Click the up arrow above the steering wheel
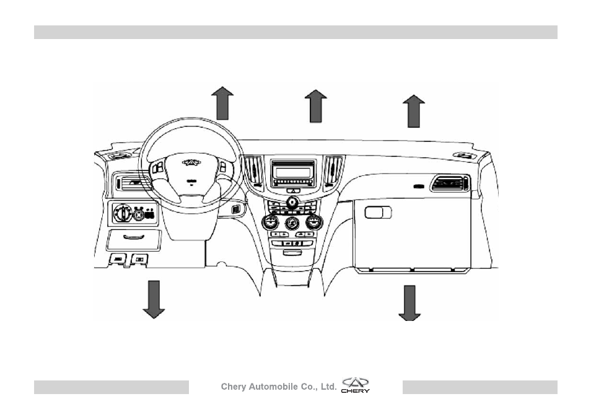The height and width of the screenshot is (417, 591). pyautogui.click(x=222, y=103)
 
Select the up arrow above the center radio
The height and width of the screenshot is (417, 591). pyautogui.click(x=316, y=107)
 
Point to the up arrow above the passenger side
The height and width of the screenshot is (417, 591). pyautogui.click(x=414, y=112)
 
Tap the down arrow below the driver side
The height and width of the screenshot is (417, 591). pyautogui.click(x=154, y=299)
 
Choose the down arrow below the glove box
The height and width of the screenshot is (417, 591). pyautogui.click(x=409, y=303)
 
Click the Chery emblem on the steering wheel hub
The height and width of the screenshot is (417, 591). pyautogui.click(x=191, y=162)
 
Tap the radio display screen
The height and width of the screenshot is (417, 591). pyautogui.click(x=293, y=172)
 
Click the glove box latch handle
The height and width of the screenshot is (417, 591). pyautogui.click(x=378, y=213)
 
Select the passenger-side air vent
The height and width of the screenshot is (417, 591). pyautogui.click(x=450, y=183)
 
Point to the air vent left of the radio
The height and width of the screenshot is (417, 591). pyautogui.click(x=253, y=172)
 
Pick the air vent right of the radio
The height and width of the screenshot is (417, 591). pyautogui.click(x=333, y=172)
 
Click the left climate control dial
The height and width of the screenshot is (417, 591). pyautogui.click(x=270, y=222)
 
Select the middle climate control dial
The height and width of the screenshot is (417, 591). pyautogui.click(x=292, y=223)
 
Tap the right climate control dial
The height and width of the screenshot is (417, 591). pyautogui.click(x=313, y=222)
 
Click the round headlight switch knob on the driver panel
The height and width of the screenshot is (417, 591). pyautogui.click(x=122, y=214)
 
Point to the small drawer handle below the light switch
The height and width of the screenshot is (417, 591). pyautogui.click(x=134, y=237)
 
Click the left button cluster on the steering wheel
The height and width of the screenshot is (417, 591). pyautogui.click(x=158, y=167)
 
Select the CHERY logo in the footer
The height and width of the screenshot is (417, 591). pyautogui.click(x=356, y=385)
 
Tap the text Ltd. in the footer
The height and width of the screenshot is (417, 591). pyautogui.click(x=329, y=387)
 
